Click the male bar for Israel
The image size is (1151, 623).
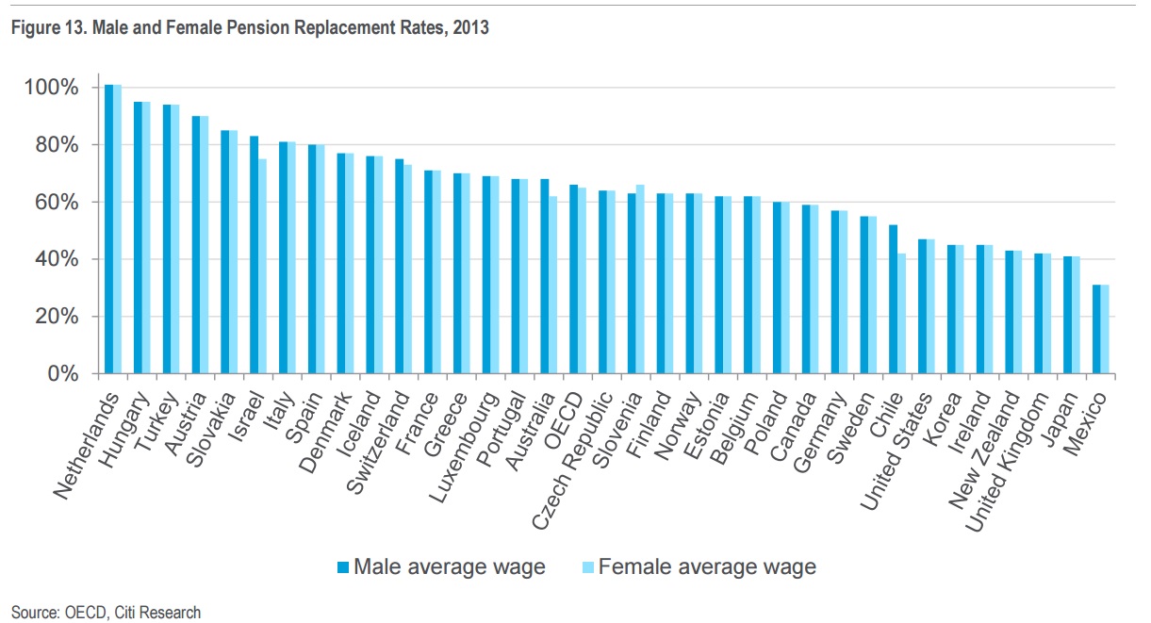255,254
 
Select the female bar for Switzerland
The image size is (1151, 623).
408,270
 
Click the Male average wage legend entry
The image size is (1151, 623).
440,566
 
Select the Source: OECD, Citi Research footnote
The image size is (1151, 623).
106,613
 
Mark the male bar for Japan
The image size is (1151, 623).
1067,315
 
